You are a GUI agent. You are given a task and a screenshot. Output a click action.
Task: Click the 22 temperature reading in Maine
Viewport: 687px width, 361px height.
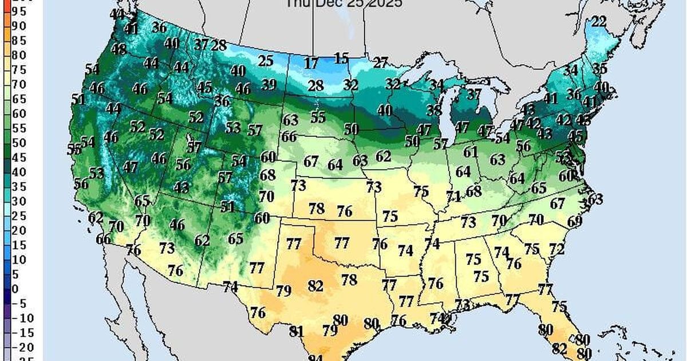(x=598, y=22)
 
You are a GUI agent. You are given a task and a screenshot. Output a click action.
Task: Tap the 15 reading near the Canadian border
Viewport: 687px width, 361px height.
(x=341, y=58)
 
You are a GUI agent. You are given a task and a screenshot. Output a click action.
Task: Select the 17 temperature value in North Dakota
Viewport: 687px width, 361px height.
(x=311, y=63)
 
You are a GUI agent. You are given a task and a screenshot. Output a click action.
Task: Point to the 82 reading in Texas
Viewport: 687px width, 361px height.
(x=315, y=285)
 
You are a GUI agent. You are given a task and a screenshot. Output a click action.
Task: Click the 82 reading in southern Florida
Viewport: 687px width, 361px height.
(x=559, y=348)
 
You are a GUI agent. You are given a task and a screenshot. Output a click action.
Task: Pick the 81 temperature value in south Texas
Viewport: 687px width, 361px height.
(x=297, y=331)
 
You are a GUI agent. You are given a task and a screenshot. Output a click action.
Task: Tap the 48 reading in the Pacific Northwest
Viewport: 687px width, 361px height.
(x=119, y=49)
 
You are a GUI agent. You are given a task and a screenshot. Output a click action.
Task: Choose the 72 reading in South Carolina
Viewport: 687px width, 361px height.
(x=556, y=249)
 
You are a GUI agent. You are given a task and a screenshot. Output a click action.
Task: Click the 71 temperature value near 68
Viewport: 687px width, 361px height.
(x=454, y=197)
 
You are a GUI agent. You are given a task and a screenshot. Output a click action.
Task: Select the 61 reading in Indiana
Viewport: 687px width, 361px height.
(x=471, y=152)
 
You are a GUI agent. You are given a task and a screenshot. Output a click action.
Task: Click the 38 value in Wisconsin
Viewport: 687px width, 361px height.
(x=433, y=111)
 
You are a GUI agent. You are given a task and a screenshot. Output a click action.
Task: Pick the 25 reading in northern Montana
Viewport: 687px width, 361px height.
(x=265, y=60)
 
